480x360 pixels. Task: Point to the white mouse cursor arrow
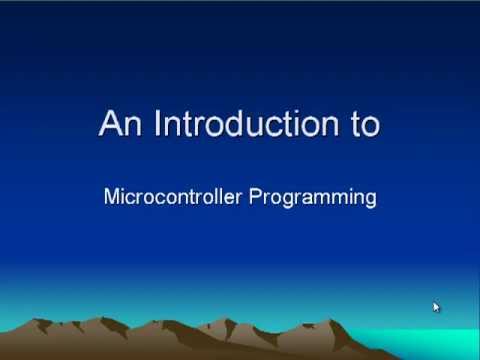click(436, 307)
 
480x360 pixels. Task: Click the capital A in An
click(110, 124)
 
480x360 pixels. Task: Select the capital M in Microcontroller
click(111, 196)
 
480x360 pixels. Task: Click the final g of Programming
click(370, 199)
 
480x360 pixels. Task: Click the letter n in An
click(130, 126)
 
